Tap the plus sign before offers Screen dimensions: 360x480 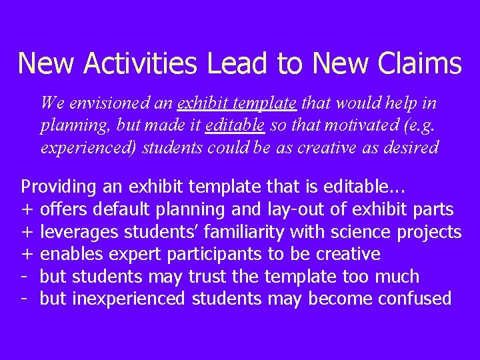[x=27, y=209]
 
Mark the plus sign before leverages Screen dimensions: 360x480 [x=27, y=231]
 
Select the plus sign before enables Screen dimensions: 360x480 [x=27, y=254]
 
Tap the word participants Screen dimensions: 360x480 [x=214, y=254]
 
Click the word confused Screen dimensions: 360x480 [x=415, y=298]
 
